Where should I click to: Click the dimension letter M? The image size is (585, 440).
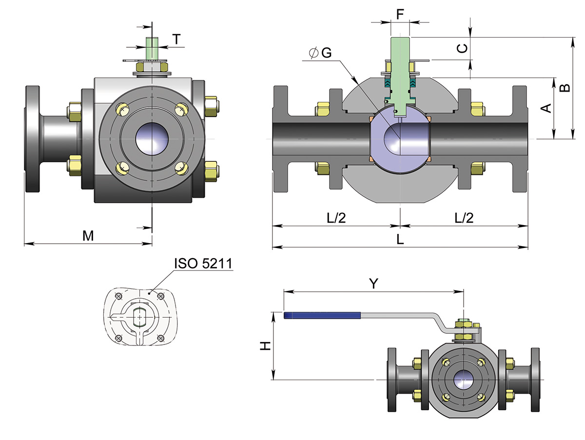(x=88, y=236)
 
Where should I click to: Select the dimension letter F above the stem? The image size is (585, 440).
(x=400, y=14)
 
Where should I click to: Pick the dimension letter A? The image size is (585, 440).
(x=546, y=108)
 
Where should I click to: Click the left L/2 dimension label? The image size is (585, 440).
(x=336, y=218)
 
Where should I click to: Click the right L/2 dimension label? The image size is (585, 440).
(x=464, y=218)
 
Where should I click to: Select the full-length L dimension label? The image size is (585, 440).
(x=400, y=239)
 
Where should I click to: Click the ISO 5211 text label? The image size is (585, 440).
(x=203, y=264)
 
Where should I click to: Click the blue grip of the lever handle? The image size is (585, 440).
(x=322, y=315)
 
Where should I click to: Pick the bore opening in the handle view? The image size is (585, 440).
(x=463, y=380)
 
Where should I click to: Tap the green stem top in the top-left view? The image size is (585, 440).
(x=152, y=49)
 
